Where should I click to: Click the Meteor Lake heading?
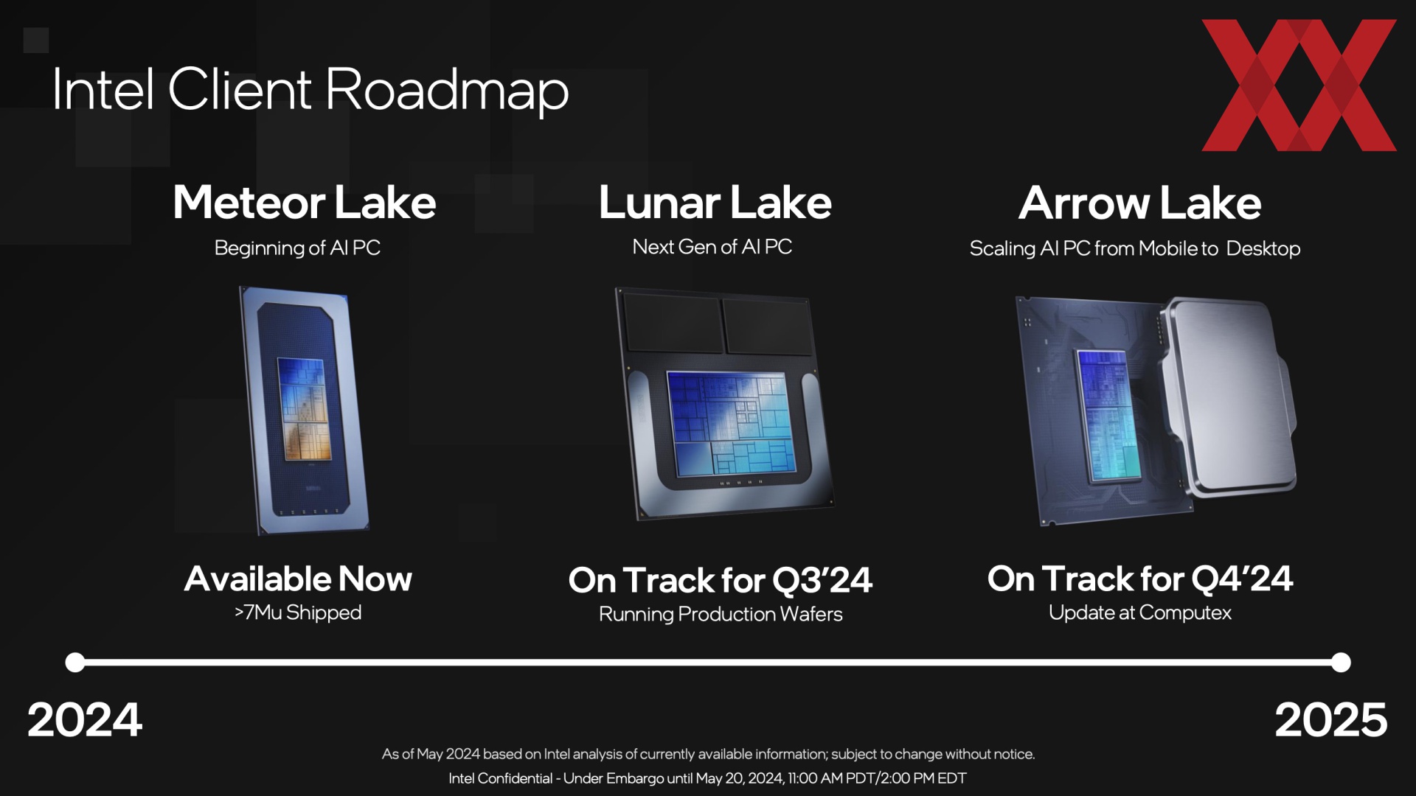click(305, 203)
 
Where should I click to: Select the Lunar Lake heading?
click(715, 203)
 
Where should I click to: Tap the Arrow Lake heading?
click(1139, 203)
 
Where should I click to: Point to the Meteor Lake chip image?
click(304, 410)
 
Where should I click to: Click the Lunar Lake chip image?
click(724, 404)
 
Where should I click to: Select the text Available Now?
click(298, 579)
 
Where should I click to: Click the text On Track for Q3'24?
click(721, 580)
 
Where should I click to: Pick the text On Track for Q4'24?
click(1140, 579)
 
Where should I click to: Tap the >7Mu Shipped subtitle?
click(298, 612)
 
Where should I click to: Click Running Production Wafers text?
click(721, 614)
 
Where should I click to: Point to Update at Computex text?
click(1140, 612)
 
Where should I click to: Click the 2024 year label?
click(85, 719)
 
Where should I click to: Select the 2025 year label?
click(1331, 719)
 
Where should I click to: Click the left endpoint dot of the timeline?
click(75, 662)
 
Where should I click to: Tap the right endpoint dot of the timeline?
click(1342, 662)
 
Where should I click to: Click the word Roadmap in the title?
click(447, 90)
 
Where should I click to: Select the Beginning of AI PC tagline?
click(297, 248)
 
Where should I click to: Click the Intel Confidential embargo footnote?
click(707, 778)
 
